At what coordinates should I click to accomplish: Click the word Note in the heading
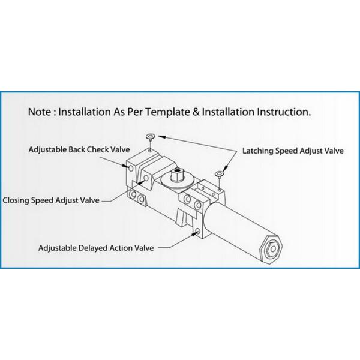coord(39,112)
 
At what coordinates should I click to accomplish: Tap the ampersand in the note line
coord(196,112)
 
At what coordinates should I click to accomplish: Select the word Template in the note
coord(168,113)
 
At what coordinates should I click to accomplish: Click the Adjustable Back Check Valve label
coord(79,149)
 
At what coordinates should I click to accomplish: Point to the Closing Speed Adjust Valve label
coord(51,200)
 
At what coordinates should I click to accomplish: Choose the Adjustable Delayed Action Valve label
coord(96,248)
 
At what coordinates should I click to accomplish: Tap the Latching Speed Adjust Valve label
coord(293,151)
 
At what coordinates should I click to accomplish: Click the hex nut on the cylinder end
coord(273,248)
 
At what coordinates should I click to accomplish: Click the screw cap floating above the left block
coord(150,137)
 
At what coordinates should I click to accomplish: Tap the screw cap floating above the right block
coord(219,173)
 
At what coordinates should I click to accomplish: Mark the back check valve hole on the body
coord(131,168)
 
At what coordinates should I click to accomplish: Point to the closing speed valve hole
coord(146,178)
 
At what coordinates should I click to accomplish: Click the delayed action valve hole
coord(197,231)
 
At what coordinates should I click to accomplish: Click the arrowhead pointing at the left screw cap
coord(161,137)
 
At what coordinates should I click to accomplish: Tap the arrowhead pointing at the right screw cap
coord(225,169)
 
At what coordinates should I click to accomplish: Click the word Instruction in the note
coord(284,112)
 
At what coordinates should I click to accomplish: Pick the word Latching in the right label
coord(257,151)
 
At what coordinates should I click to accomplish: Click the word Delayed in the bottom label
coord(93,248)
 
